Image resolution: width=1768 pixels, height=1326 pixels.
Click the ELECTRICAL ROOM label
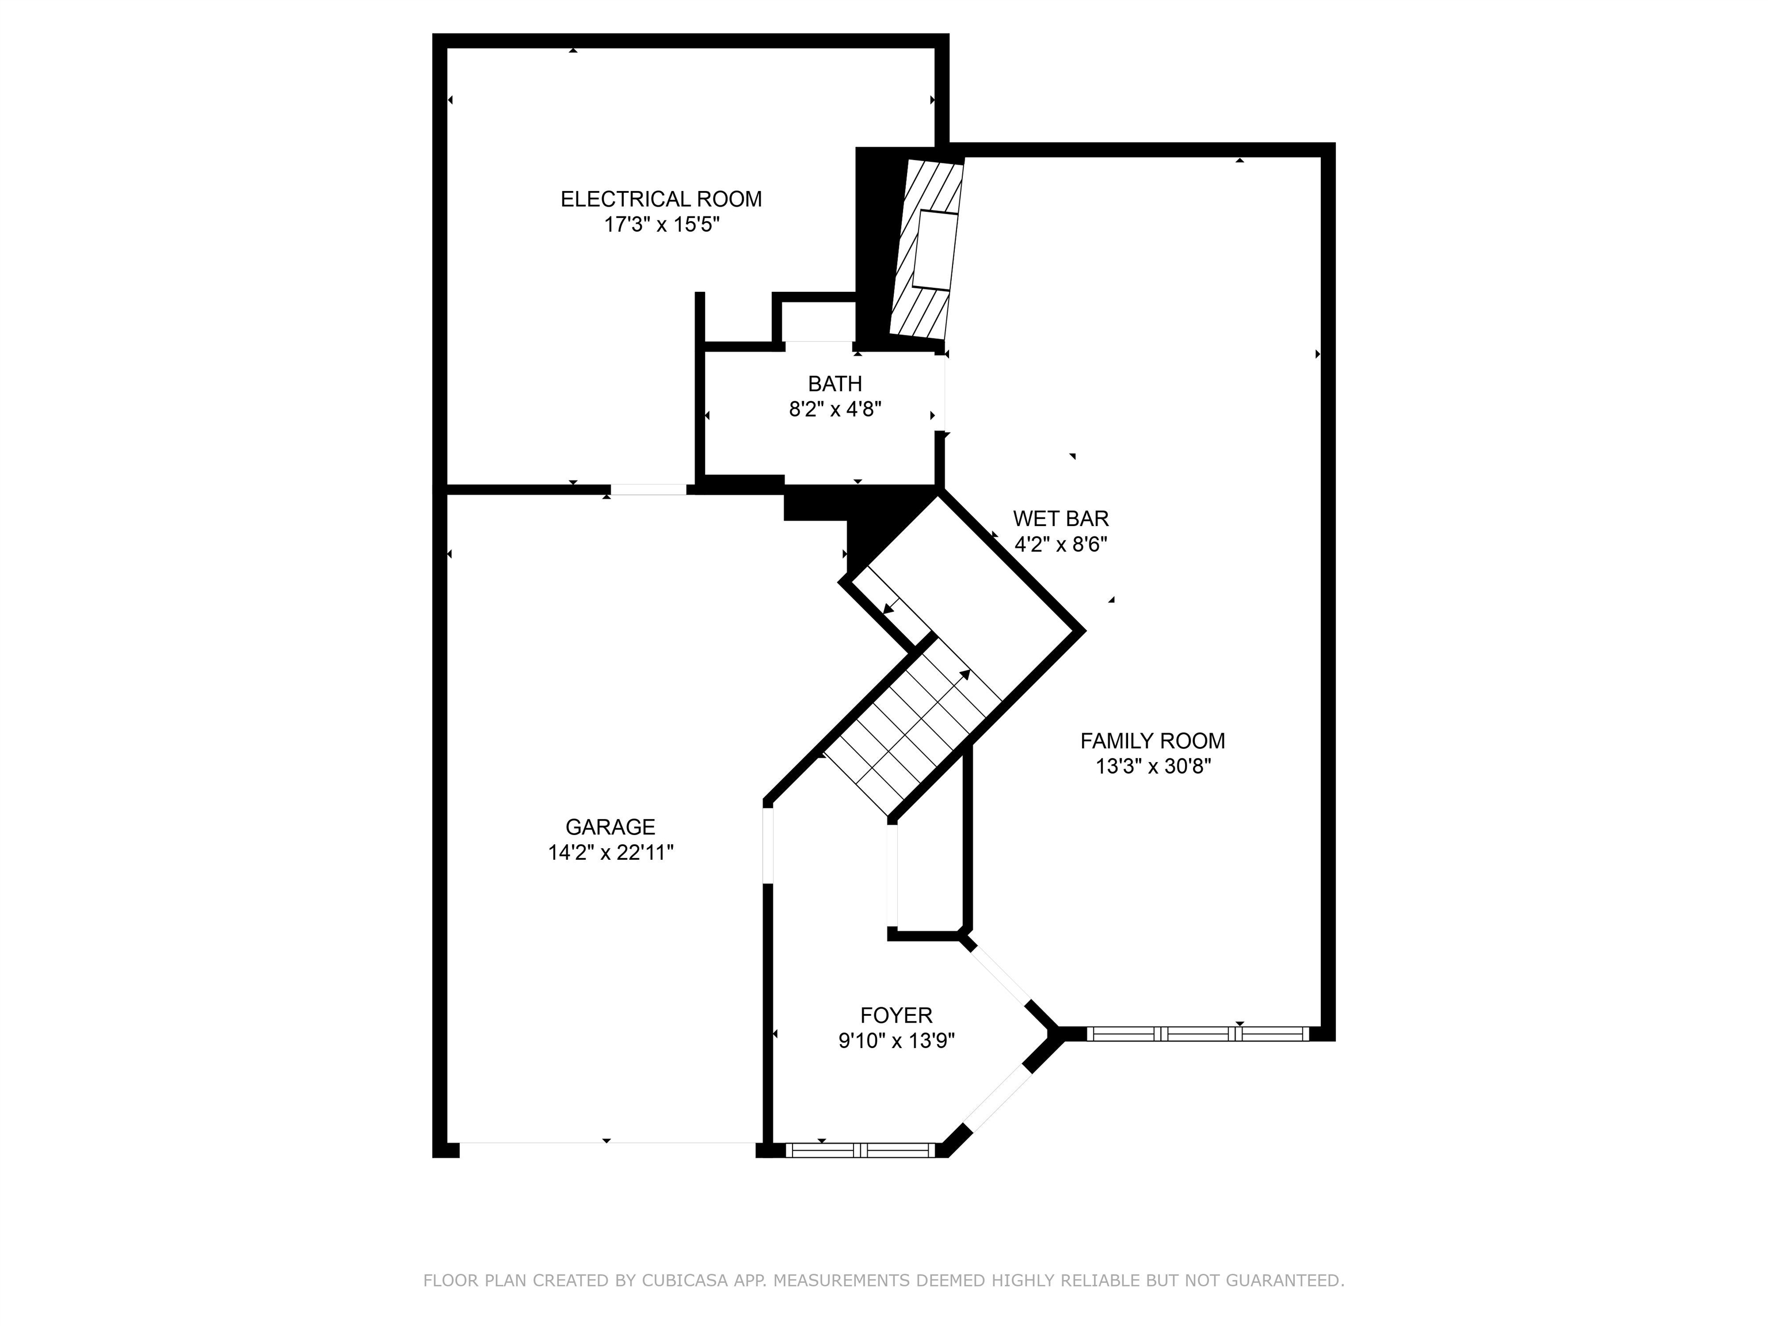click(x=661, y=199)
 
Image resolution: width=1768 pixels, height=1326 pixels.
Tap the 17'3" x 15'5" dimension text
click(x=661, y=224)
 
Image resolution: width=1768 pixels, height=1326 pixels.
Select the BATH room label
click(x=835, y=384)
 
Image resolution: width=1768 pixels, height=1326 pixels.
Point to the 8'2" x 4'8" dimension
click(x=835, y=409)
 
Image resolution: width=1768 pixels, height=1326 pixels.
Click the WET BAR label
click(x=1061, y=519)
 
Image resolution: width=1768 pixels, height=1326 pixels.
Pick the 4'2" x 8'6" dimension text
click(x=1061, y=544)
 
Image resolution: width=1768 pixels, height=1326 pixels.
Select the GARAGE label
click(x=610, y=827)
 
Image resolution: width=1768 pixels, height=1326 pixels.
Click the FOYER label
click(x=896, y=1015)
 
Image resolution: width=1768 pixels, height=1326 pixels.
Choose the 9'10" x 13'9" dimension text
click(x=896, y=1041)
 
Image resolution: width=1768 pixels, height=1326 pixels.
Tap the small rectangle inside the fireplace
click(x=936, y=250)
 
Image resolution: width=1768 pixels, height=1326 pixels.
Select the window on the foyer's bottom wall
click(x=860, y=1150)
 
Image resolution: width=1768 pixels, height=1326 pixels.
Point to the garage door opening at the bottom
click(x=607, y=1144)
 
